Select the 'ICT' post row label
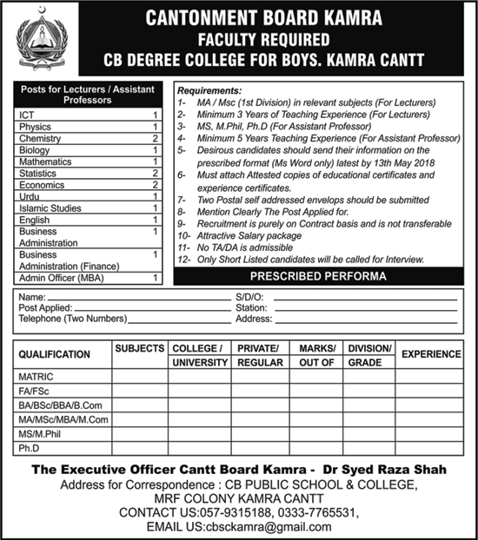click(x=26, y=115)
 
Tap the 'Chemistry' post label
click(x=39, y=138)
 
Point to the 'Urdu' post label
click(x=29, y=196)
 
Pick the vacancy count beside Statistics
click(x=154, y=173)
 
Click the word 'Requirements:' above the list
click(x=211, y=89)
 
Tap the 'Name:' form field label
click(x=31, y=297)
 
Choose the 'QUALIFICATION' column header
click(x=54, y=354)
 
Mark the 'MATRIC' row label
click(x=37, y=378)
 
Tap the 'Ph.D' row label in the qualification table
click(x=30, y=447)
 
